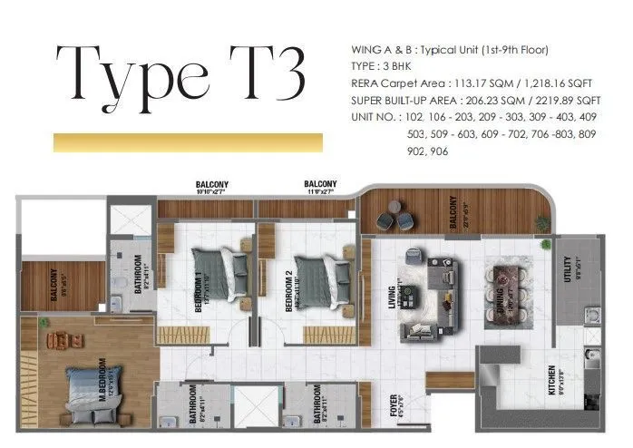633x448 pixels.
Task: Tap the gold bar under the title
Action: point(188,143)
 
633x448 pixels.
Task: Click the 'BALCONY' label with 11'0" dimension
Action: point(321,187)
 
